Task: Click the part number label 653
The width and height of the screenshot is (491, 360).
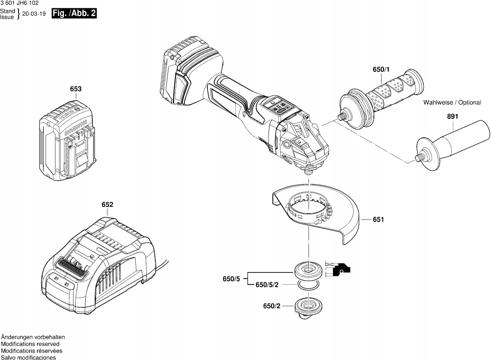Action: (75, 89)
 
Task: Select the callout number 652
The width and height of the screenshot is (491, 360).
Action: (107, 205)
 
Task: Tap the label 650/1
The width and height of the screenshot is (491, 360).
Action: (381, 69)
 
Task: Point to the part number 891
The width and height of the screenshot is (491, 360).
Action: (452, 116)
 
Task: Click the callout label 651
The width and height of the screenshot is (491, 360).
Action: (378, 219)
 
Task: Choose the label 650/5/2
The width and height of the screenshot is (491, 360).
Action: (267, 285)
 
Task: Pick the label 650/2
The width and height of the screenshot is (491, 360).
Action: (272, 306)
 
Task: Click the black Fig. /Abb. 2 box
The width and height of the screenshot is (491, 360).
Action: (74, 13)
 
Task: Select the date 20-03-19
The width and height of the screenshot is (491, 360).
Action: (34, 14)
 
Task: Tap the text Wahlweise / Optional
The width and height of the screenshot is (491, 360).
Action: (452, 103)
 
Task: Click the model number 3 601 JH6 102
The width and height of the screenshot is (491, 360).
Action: (19, 3)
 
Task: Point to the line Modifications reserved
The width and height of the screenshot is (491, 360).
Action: (30, 344)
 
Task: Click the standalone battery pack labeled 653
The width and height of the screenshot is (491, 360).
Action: (66, 140)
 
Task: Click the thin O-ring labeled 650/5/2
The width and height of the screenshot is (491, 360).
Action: (308, 285)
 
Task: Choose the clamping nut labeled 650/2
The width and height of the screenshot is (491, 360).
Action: (309, 308)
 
